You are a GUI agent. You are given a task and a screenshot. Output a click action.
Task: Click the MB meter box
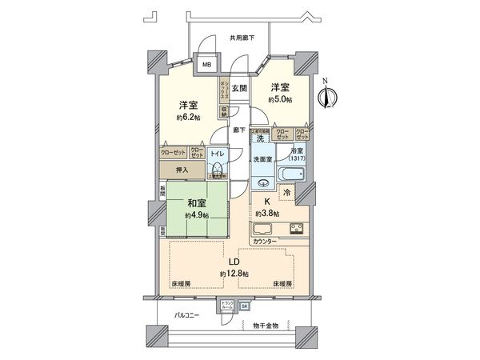point(206,66)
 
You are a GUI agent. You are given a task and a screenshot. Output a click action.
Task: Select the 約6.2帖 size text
point(189,118)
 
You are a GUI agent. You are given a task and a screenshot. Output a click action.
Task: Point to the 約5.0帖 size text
point(279,99)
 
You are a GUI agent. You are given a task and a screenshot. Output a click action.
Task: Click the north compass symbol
point(324,96)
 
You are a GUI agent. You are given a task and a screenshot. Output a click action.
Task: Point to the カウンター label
point(264,242)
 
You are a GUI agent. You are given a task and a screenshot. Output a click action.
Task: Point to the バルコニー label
point(187,315)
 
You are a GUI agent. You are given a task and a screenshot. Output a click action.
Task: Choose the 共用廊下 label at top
point(242,38)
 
